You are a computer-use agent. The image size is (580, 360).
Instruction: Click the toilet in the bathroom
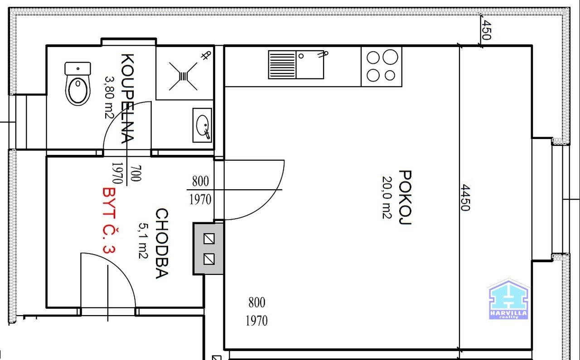tap(77, 83)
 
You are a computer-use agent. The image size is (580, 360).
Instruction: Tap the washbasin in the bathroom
tap(202, 125)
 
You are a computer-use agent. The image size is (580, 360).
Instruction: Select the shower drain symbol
tap(183, 76)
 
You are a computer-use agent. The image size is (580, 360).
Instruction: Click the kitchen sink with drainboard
tap(296, 65)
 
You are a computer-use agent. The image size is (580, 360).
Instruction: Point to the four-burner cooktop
tap(382, 67)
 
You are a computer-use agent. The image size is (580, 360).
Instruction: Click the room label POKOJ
tap(405, 197)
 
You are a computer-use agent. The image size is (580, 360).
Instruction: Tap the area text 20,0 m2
tap(387, 197)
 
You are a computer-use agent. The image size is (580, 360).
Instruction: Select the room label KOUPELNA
tap(128, 98)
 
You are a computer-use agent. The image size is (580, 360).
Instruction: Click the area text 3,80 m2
tap(109, 97)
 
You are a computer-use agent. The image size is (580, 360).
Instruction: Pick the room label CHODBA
tap(162, 243)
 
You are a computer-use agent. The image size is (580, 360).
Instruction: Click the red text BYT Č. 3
tap(109, 220)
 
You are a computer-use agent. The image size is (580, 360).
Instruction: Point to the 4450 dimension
tap(465, 197)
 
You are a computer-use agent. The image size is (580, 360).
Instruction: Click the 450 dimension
tap(486, 30)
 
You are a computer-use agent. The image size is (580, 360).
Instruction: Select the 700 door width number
tap(135, 173)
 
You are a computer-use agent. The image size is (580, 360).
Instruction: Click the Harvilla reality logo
tap(508, 300)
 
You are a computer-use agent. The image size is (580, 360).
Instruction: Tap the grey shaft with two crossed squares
tap(208, 249)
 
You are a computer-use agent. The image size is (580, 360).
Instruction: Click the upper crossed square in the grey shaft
tap(209, 239)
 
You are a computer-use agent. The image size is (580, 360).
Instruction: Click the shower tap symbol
tap(206, 55)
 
